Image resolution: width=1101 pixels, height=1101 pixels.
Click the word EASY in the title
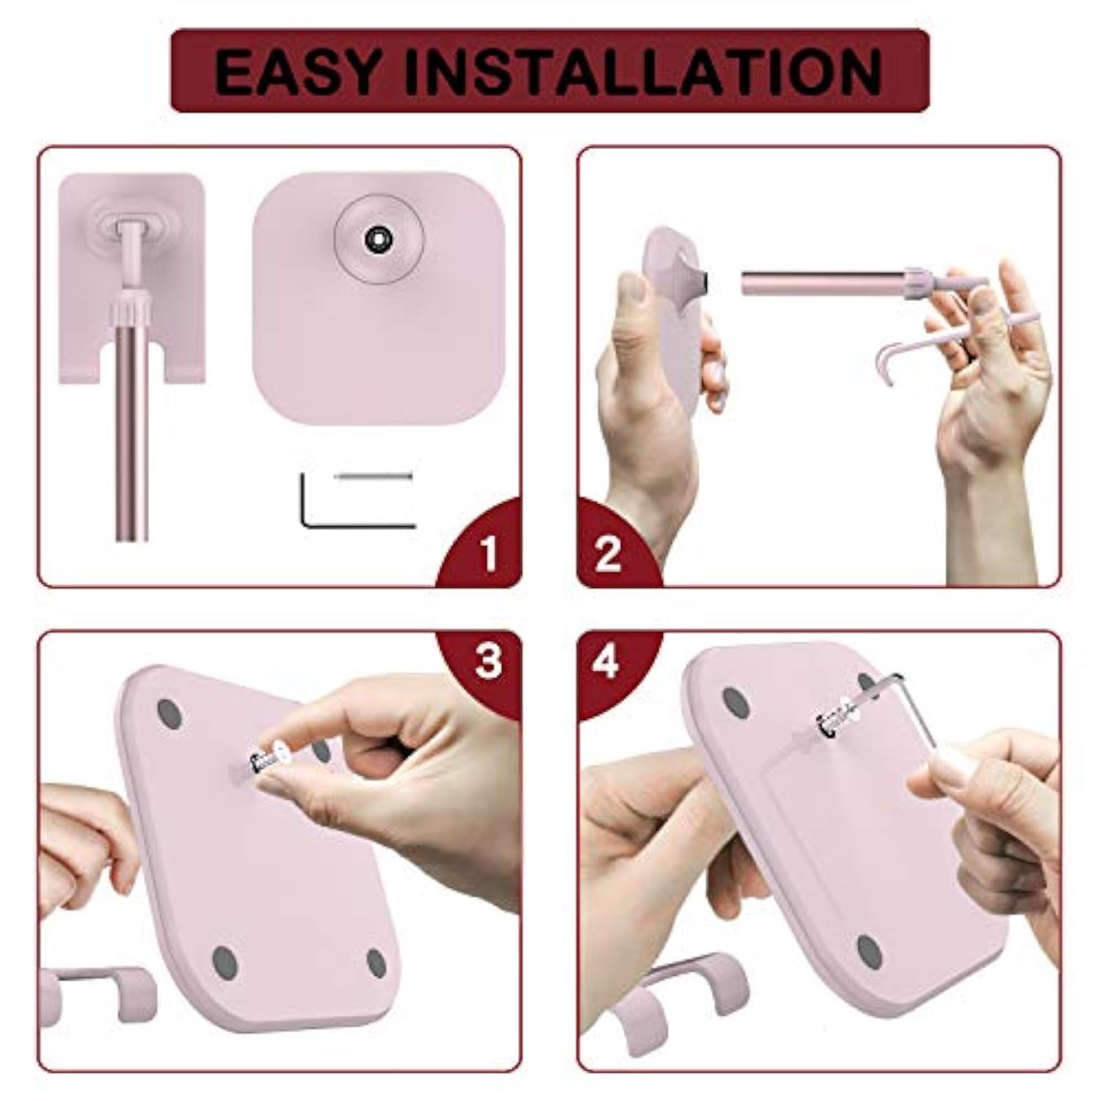298,71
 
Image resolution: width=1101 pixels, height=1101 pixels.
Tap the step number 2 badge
608,552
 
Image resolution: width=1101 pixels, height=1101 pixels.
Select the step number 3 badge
488,661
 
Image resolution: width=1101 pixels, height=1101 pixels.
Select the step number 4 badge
606,661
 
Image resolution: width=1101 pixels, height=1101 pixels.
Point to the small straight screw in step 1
374,477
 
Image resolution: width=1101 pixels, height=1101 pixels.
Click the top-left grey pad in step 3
170,713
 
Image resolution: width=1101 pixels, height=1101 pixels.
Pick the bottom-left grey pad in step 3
225,959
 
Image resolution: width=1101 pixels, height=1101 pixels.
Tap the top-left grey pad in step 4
735,702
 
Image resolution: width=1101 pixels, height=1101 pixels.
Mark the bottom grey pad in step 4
870,951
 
